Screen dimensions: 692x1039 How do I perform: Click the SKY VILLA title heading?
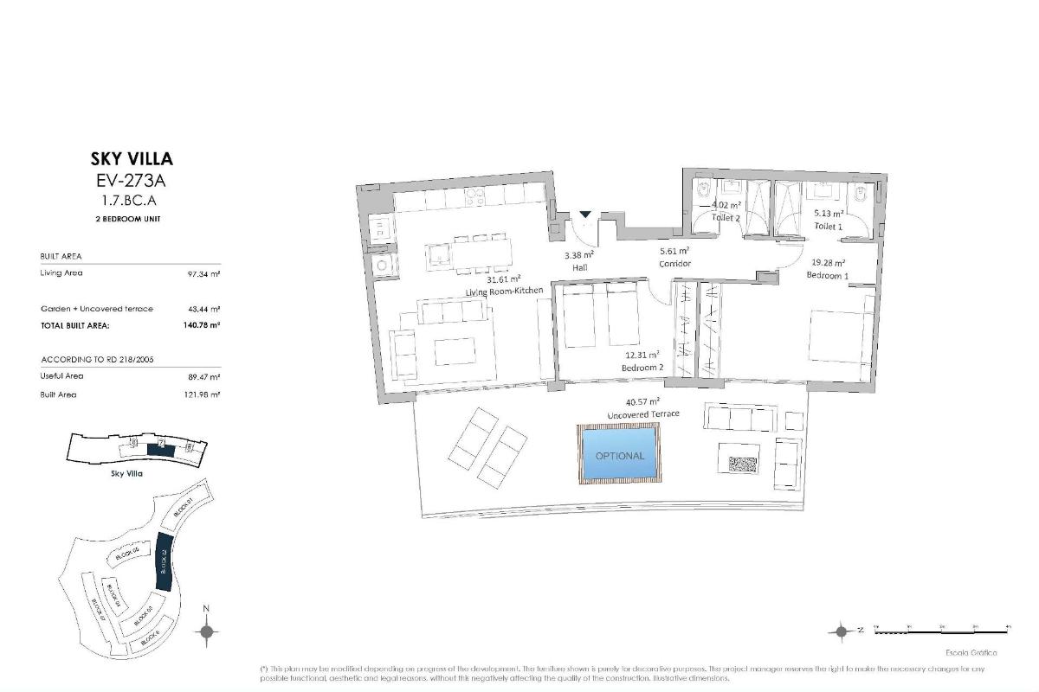point(132,158)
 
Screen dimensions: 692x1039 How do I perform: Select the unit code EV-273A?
point(132,182)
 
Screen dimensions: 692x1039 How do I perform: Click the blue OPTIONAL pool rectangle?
point(619,455)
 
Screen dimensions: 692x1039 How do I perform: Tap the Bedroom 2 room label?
point(642,368)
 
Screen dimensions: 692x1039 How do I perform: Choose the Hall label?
point(579,268)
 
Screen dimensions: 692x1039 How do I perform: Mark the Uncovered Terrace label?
point(642,414)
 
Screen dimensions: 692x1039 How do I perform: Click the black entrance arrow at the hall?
point(585,215)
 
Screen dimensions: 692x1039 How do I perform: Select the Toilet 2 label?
point(726,218)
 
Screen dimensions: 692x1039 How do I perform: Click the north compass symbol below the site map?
point(206,632)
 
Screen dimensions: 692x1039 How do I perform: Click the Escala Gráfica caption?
point(971,653)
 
